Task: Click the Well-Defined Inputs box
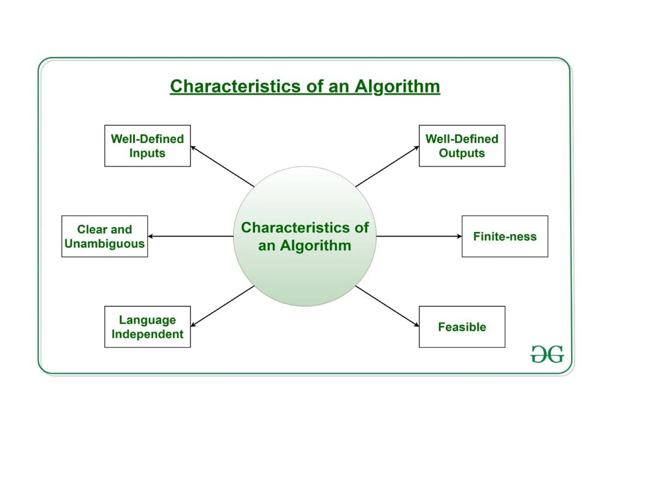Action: point(147,146)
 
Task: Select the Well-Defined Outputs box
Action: point(462,146)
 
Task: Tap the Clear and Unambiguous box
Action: point(104,236)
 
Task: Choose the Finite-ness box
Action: point(505,236)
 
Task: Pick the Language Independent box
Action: point(147,326)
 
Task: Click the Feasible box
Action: point(462,326)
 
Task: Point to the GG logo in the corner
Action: point(547,354)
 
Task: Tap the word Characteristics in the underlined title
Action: point(235,86)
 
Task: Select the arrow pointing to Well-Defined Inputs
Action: point(222,166)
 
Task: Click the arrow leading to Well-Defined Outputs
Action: point(387,166)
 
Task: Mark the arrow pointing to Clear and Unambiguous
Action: point(190,236)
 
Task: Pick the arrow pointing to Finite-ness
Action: point(419,236)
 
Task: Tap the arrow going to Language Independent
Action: point(222,306)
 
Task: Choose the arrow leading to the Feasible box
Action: point(387,306)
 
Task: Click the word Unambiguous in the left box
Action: point(104,244)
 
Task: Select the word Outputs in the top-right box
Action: point(462,153)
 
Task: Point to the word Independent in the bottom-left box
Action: point(147,334)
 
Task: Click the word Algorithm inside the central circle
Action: point(315,246)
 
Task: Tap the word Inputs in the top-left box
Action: point(147,153)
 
